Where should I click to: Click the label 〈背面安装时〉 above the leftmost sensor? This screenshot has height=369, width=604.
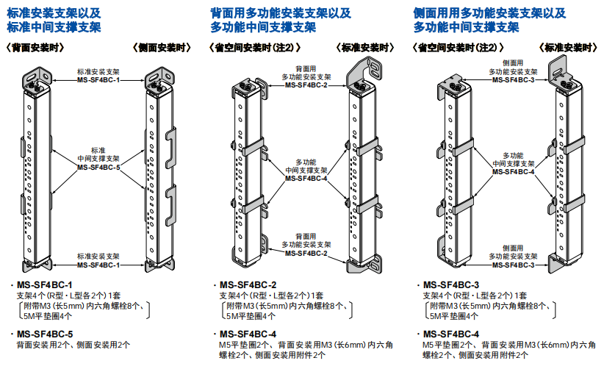[x=35, y=48]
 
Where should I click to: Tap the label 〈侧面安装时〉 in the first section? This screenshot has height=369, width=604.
[x=162, y=48]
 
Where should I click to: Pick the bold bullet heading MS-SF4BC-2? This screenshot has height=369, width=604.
[x=248, y=284]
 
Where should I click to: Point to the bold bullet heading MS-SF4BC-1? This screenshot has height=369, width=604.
[x=45, y=284]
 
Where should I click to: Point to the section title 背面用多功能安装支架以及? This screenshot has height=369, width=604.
[x=281, y=13]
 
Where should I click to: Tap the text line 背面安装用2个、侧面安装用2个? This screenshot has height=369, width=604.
[x=73, y=344]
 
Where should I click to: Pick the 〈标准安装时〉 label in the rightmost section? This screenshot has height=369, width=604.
[x=569, y=48]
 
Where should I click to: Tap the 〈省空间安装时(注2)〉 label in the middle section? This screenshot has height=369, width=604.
[x=254, y=48]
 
